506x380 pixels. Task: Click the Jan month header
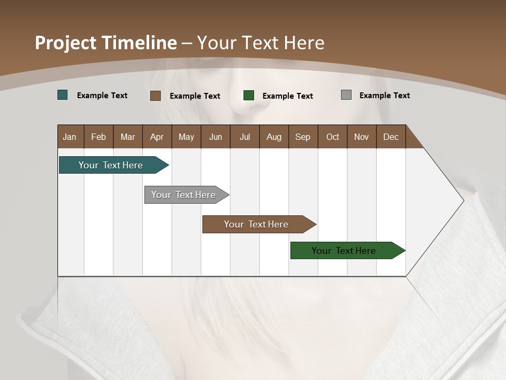pos(70,137)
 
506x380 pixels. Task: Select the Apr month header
pos(157,137)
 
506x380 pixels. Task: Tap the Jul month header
pos(245,137)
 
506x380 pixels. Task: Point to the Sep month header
pos(303,137)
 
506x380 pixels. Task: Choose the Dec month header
pos(391,137)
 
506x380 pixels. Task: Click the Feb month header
pos(99,137)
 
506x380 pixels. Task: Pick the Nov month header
pos(362,137)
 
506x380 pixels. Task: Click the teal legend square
pos(63,95)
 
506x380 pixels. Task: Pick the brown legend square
pos(155,96)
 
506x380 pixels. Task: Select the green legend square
pos(249,95)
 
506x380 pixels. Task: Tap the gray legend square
pos(346,95)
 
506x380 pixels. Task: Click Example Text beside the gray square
pos(384,96)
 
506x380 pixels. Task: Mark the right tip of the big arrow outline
pos(463,200)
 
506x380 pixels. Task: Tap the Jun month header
pos(216,137)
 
